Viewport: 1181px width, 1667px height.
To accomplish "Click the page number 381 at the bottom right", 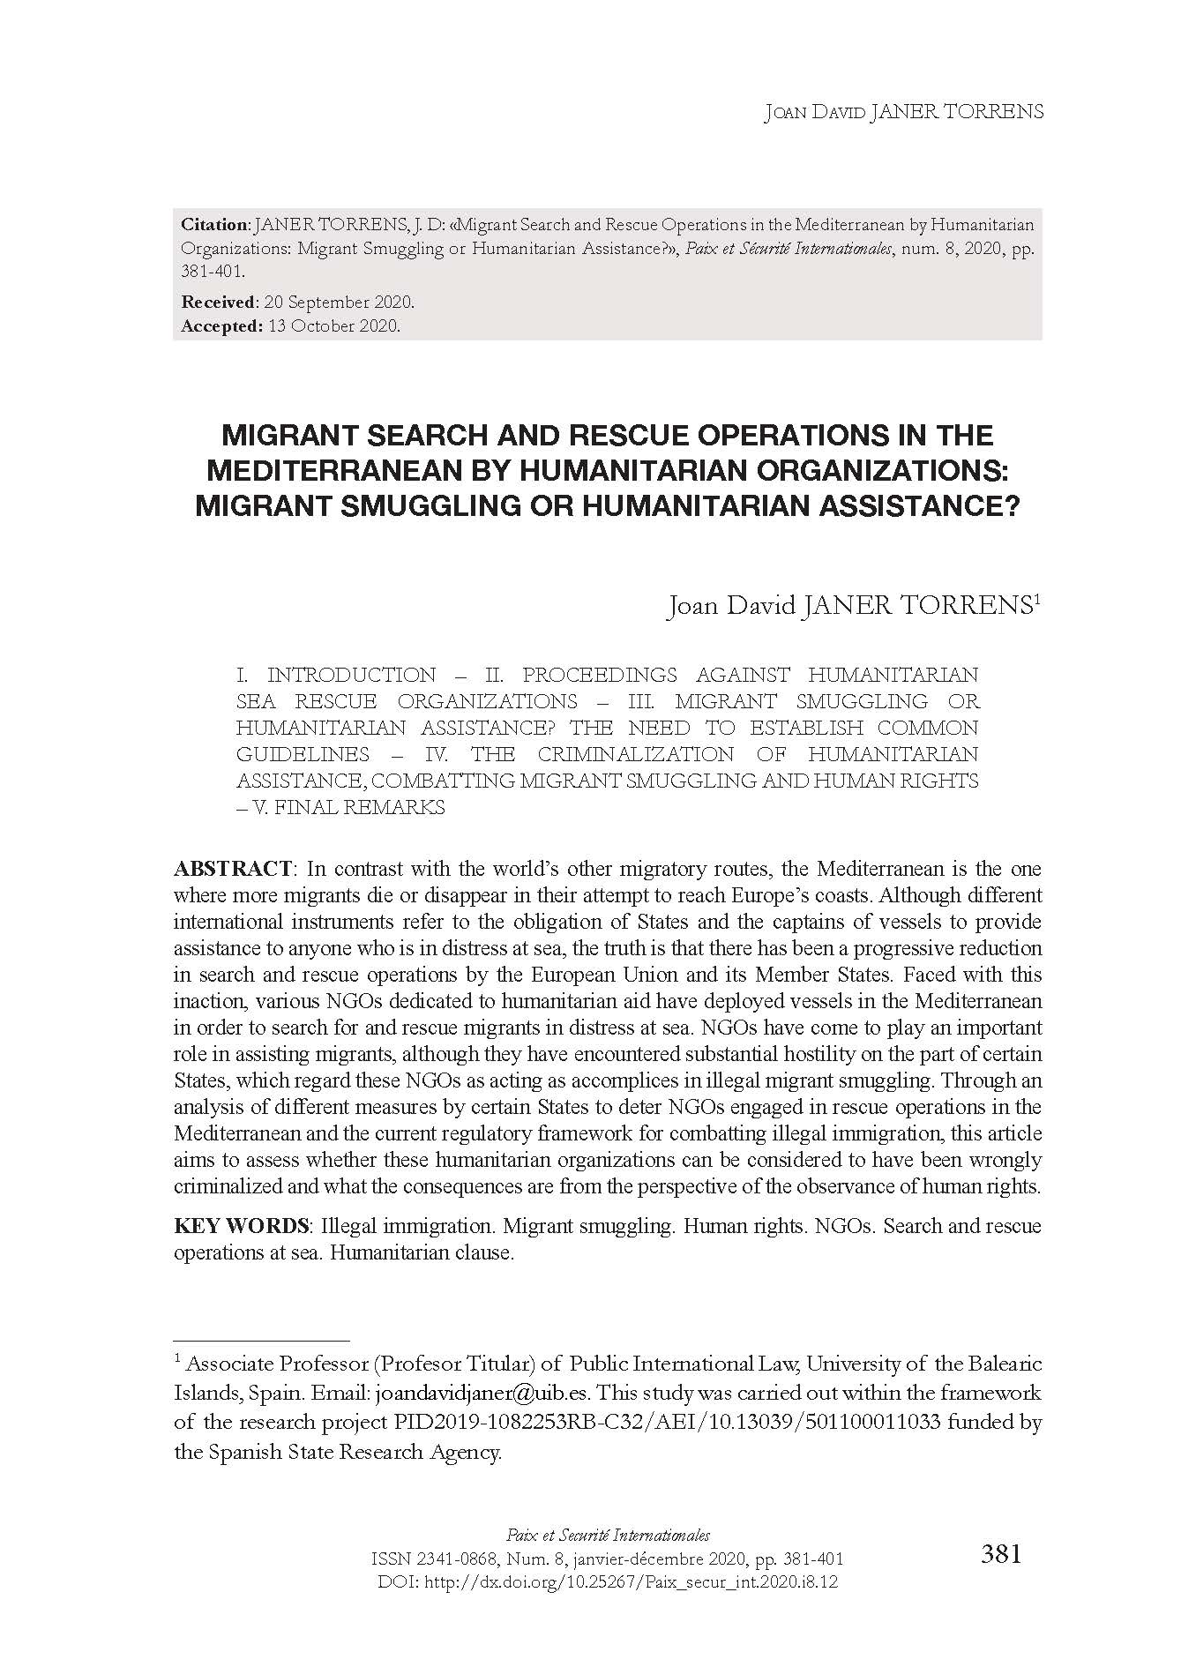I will [1001, 1553].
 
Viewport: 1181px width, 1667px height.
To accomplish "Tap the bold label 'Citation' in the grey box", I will [215, 225].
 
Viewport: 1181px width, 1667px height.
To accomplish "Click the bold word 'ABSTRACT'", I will [233, 869].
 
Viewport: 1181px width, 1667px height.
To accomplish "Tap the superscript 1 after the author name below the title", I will [1037, 600].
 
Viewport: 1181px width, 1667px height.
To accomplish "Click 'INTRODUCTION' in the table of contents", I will [351, 675].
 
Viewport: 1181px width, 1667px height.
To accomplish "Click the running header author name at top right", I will [903, 112].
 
